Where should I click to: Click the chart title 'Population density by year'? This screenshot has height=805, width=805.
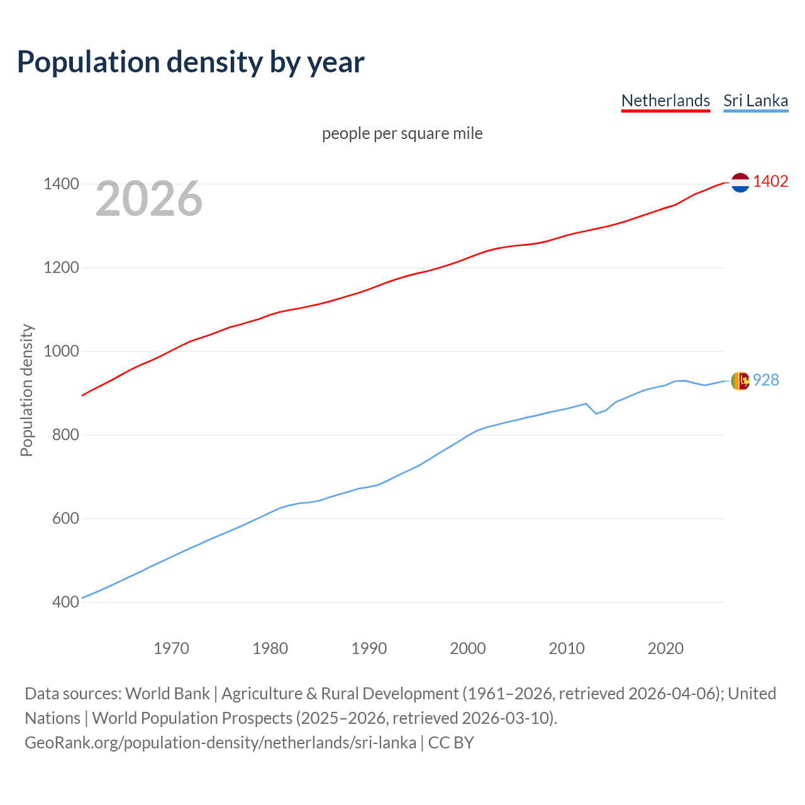[191, 62]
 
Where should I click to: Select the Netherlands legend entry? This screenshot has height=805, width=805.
[665, 101]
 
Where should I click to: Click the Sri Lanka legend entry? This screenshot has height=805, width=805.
[755, 101]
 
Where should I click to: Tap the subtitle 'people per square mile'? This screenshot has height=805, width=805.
[402, 133]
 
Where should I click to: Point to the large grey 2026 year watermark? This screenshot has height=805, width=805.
[149, 199]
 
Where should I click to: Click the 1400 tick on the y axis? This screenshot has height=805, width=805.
[61, 184]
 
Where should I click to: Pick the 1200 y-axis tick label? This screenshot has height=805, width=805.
[61, 268]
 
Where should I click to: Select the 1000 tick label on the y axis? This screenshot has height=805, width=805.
[61, 351]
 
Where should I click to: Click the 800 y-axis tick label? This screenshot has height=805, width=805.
[65, 435]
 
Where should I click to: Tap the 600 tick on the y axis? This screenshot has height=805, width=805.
[65, 518]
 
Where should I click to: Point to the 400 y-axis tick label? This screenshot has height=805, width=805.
[65, 602]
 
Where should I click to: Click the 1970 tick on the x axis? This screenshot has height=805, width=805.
[171, 648]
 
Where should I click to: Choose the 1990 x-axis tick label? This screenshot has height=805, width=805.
[369, 648]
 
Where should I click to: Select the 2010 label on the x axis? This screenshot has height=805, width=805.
[567, 648]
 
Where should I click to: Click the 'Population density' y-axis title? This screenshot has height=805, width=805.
[26, 390]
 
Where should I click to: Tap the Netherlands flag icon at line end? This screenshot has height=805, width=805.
[740, 182]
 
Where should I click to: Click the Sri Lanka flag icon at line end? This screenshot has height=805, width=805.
[740, 380]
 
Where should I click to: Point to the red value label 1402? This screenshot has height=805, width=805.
[770, 181]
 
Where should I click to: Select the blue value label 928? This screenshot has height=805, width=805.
[766, 380]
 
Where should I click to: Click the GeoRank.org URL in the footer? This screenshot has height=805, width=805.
[220, 743]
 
